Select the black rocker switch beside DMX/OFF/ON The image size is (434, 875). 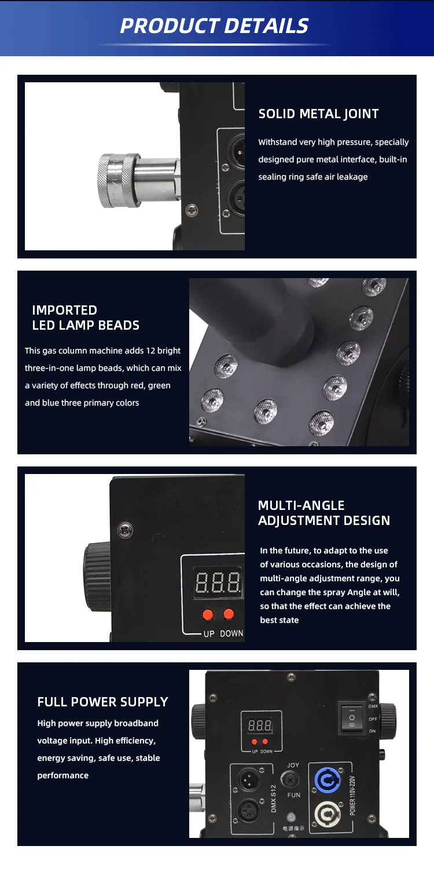click(x=352, y=717)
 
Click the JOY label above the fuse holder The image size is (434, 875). click(x=293, y=765)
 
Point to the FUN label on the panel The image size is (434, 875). click(x=293, y=795)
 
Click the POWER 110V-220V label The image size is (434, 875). click(x=352, y=796)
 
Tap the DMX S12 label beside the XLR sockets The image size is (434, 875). click(x=273, y=799)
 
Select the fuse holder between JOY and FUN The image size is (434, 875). click(x=290, y=780)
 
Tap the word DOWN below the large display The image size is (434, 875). click(x=231, y=633)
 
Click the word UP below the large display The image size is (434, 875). click(x=209, y=633)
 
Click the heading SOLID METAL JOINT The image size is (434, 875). click(x=319, y=114)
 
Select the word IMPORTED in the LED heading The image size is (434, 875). click(x=65, y=310)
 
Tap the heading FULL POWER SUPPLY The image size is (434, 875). click(x=103, y=702)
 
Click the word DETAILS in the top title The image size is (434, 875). click(x=266, y=25)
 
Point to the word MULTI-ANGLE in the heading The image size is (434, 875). click(x=301, y=505)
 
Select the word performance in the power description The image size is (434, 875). click(x=62, y=775)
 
